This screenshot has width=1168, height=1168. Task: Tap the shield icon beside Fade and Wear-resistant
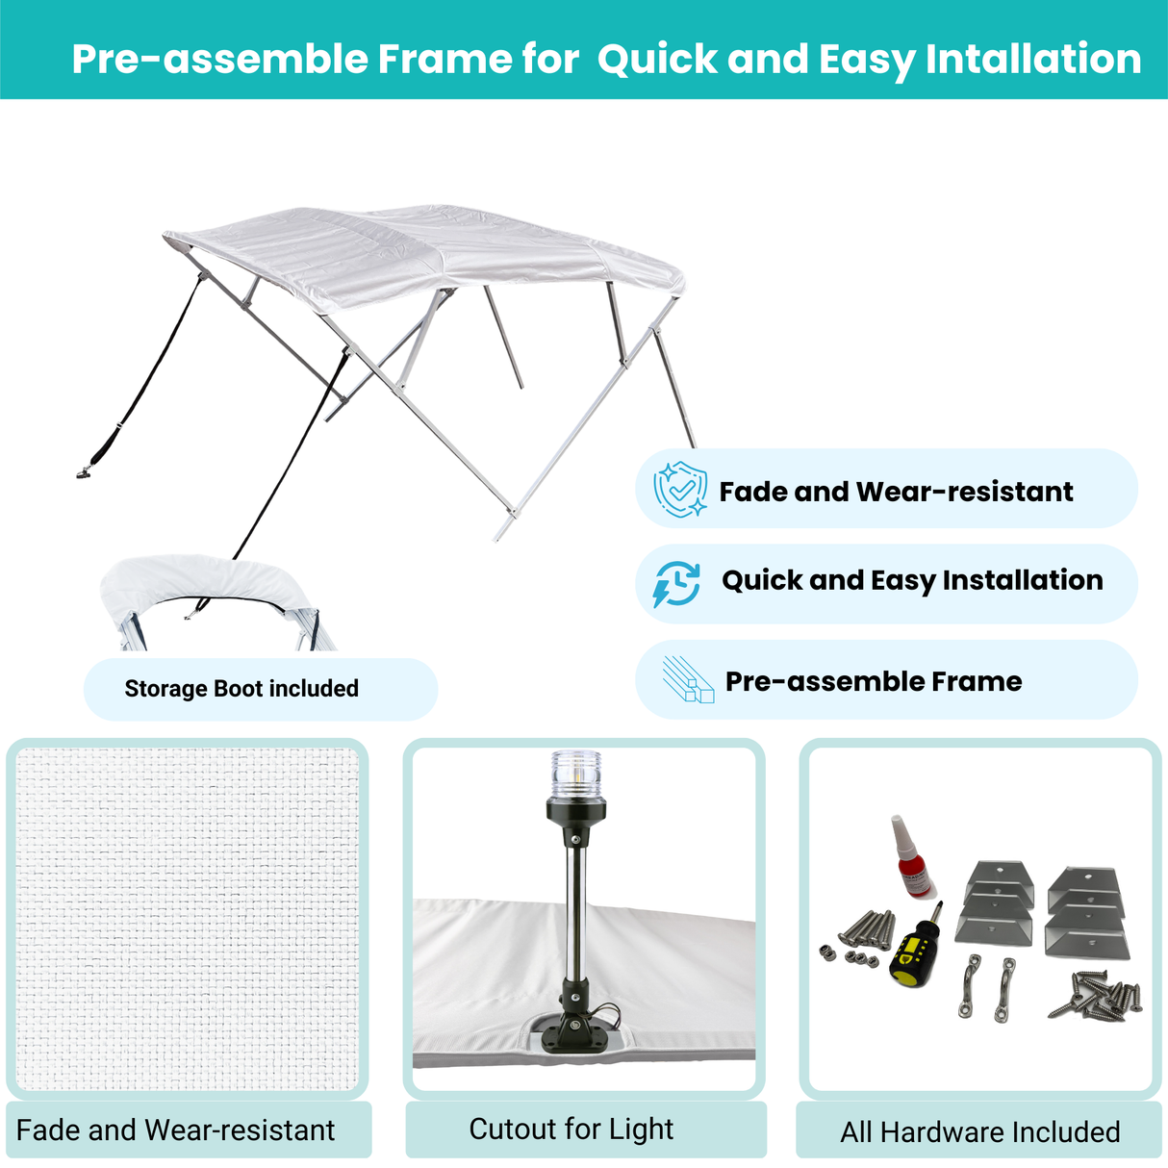[x=680, y=490]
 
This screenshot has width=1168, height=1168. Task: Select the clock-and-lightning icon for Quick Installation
[x=677, y=583]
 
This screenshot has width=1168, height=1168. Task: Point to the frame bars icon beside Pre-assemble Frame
[x=687, y=680]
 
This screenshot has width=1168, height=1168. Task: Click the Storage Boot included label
[x=241, y=689]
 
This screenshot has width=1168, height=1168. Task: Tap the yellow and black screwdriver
[x=915, y=948]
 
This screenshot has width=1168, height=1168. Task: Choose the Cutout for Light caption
[x=571, y=1129]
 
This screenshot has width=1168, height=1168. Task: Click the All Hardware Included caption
[x=979, y=1131]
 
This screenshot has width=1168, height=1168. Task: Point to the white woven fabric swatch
[x=188, y=919]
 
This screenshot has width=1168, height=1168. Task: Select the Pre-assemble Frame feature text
[x=873, y=681]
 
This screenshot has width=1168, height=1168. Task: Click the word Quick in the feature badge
[x=761, y=580]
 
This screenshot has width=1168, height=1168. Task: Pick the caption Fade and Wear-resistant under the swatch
[x=176, y=1130]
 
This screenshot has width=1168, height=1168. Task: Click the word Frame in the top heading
[x=444, y=60]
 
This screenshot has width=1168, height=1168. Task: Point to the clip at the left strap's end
[x=85, y=471]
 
